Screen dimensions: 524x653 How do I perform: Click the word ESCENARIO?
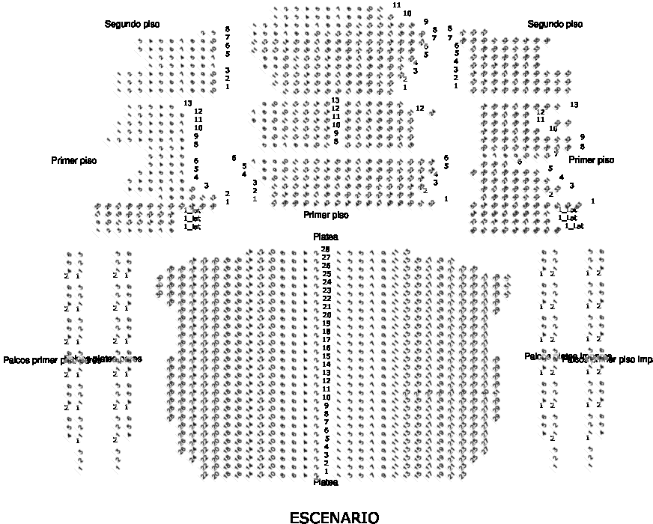334,517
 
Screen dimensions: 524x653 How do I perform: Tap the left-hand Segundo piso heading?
132,25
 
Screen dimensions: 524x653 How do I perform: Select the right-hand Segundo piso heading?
555,25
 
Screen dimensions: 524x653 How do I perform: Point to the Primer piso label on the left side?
74,160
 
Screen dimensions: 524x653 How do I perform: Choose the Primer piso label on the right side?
591,160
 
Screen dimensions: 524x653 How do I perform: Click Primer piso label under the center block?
326,215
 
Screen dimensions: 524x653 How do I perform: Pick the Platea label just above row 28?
326,237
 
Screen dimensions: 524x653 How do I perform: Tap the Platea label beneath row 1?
326,483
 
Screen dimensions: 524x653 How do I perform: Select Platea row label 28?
326,249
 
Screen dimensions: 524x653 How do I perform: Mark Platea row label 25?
326,274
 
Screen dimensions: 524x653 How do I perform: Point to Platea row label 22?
326,299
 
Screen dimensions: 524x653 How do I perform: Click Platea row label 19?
326,323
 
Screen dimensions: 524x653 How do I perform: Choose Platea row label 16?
326,348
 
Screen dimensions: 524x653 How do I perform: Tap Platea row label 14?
326,365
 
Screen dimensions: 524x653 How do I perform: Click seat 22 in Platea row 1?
205,475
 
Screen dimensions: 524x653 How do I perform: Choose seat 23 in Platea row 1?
464,475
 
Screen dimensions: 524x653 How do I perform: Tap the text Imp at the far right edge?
645,360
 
